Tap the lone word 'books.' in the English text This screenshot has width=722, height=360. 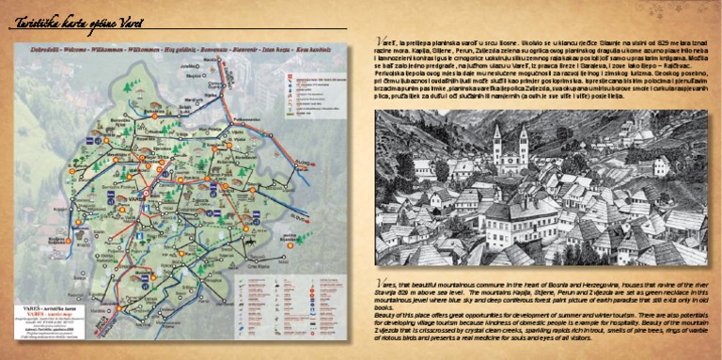pos(383,308)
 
